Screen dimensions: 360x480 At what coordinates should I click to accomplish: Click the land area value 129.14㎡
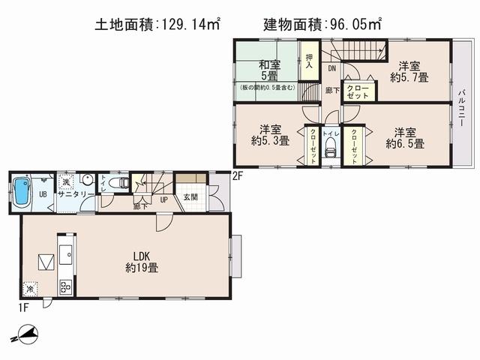[187, 25]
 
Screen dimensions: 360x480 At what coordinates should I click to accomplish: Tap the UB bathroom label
[43, 194]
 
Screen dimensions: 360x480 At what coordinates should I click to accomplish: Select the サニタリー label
[76, 193]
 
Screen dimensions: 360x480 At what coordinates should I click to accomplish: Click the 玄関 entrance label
[190, 197]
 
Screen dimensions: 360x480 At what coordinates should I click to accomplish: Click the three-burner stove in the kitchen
[64, 286]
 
